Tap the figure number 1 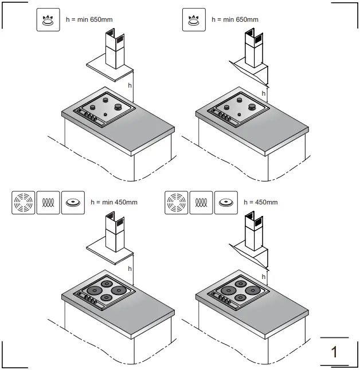pos(334,351)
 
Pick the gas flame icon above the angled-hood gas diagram pos(193,20)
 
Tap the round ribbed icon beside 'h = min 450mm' pos(23,202)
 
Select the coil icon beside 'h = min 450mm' pos(48,202)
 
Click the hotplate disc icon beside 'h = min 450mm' pos(73,202)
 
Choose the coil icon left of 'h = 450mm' pos(201,202)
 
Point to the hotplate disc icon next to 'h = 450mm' pos(226,202)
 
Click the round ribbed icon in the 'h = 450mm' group pos(176,202)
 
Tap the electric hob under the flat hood pos(105,292)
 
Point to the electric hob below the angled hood pos(239,292)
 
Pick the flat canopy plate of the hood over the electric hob pos(109,250)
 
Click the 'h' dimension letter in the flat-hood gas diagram pos(130,85)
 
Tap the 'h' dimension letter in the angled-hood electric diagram pos(264,276)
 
